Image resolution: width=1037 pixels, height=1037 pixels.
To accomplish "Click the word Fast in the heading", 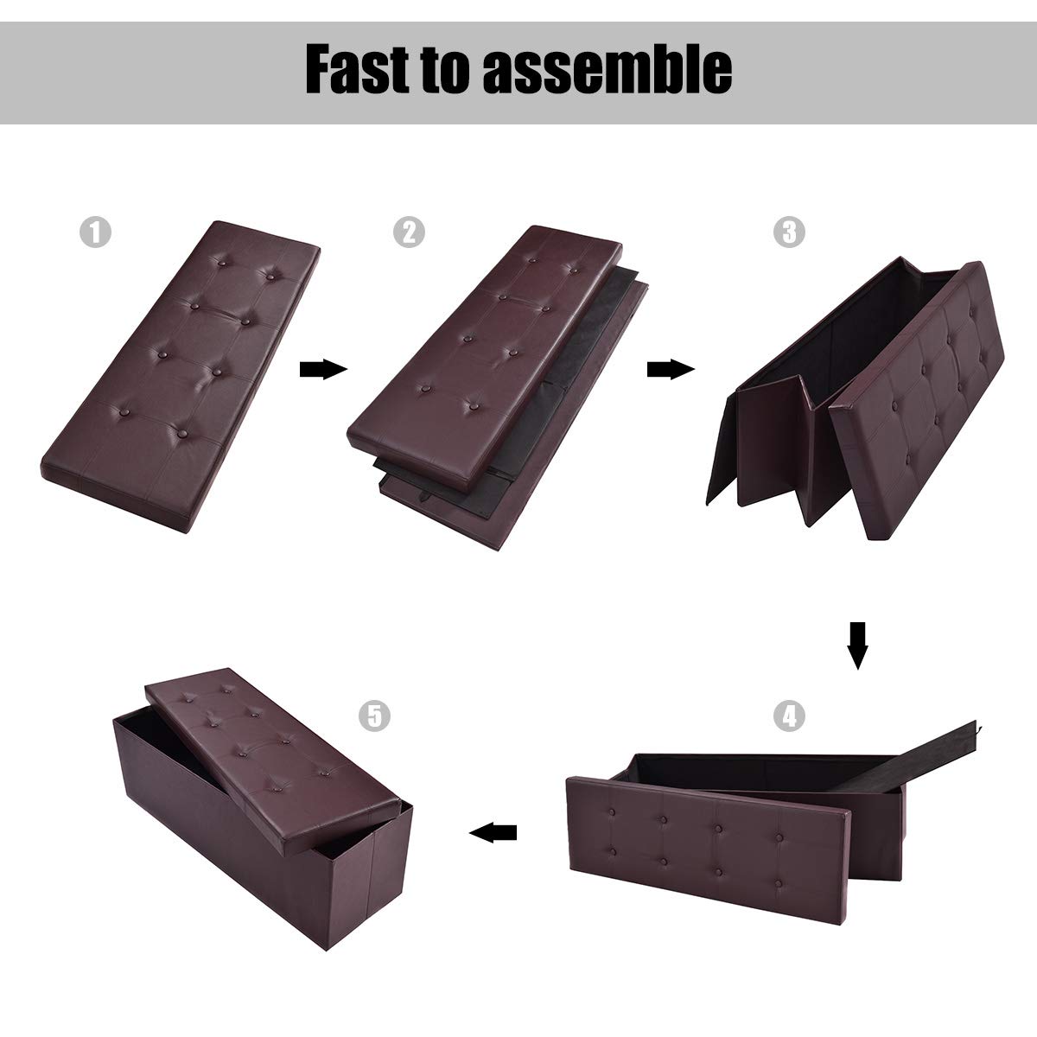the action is (x=357, y=69).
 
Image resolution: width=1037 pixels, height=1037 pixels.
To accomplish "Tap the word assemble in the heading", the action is (x=608, y=69).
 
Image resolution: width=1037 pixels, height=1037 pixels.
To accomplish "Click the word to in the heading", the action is (x=446, y=71).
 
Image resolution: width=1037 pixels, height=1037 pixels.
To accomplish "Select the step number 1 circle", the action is (x=95, y=232).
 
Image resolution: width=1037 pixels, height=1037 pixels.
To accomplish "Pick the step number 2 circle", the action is (x=409, y=232).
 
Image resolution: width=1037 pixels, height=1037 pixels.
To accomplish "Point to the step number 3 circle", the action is (x=789, y=232).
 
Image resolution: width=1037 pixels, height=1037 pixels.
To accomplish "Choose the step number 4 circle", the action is (x=789, y=716).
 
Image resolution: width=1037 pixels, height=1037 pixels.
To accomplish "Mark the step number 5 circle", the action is (x=374, y=716).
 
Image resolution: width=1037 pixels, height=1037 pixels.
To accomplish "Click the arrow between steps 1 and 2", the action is (x=323, y=369).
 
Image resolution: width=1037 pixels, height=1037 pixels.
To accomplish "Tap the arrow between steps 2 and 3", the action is (x=671, y=369).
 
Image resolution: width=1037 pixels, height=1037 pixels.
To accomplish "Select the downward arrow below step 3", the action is (x=857, y=646).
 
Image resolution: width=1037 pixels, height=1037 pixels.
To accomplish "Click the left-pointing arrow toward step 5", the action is (x=493, y=832).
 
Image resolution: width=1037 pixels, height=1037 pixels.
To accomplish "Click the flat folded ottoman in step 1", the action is (x=181, y=376).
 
